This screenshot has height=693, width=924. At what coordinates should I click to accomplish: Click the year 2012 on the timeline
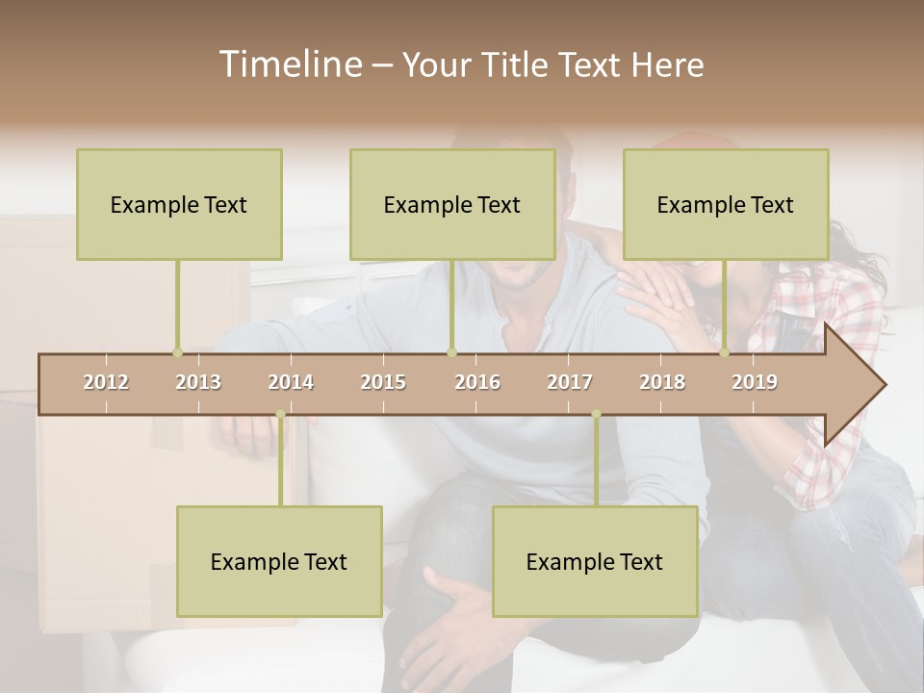[x=106, y=382]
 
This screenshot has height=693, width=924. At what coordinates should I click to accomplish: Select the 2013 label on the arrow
[x=198, y=382]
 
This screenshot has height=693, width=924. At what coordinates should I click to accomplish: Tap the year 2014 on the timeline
[x=291, y=382]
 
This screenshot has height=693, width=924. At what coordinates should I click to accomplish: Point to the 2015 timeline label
[x=383, y=382]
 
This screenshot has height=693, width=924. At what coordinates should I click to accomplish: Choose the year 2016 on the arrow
[x=477, y=382]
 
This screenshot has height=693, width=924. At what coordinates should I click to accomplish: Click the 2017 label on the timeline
[x=570, y=382]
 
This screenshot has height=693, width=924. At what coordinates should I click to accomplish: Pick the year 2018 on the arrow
[x=662, y=382]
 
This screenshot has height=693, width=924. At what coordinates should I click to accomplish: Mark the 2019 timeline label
[x=755, y=382]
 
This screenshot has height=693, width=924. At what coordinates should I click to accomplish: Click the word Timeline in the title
[x=290, y=64]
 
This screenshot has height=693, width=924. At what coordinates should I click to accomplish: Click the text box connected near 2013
[x=179, y=204]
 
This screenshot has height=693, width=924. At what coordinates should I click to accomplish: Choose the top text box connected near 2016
[x=452, y=204]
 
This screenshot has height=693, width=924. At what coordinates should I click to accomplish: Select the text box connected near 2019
[x=726, y=204]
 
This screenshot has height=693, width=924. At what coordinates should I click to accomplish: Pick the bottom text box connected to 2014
[x=279, y=561]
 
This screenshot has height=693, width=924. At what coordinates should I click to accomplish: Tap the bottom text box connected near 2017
[x=595, y=561]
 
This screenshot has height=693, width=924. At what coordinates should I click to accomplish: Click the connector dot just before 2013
[x=177, y=352]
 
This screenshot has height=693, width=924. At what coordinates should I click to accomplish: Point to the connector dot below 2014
[x=280, y=414]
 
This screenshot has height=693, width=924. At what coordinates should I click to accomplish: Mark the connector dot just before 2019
[x=724, y=352]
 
